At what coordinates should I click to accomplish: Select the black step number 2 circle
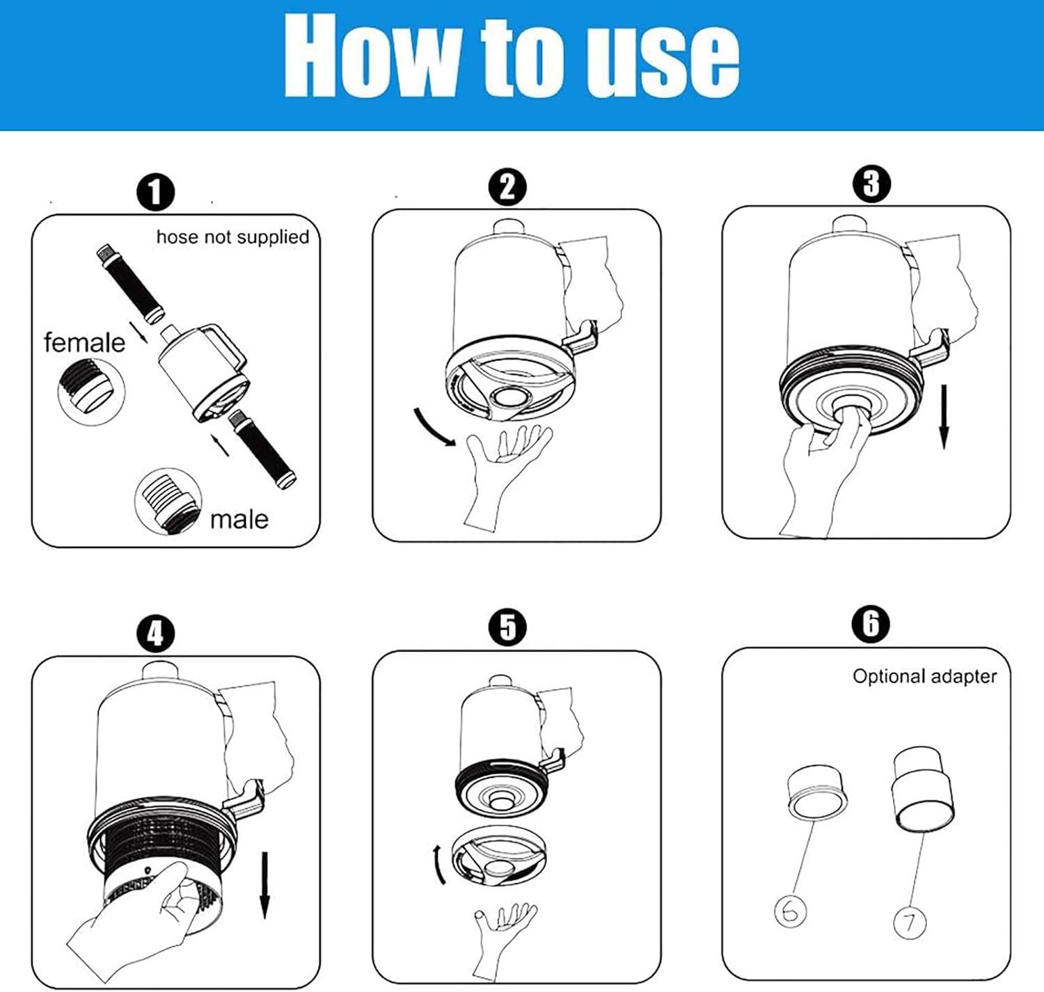pyautogui.click(x=507, y=187)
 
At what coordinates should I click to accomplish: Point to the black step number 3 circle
pyautogui.click(x=871, y=184)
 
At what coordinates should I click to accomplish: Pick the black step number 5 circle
pyautogui.click(x=507, y=627)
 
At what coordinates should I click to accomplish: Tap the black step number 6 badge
pyautogui.click(x=871, y=623)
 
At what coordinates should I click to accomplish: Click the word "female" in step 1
pyautogui.click(x=84, y=342)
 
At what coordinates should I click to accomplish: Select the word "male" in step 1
pyautogui.click(x=239, y=520)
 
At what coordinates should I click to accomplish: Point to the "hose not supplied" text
pyautogui.click(x=232, y=237)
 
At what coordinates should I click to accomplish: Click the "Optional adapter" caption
pyautogui.click(x=924, y=676)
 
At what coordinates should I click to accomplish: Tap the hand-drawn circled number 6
pyautogui.click(x=791, y=911)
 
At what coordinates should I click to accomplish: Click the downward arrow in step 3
pyautogui.click(x=944, y=417)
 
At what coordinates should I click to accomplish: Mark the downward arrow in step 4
pyautogui.click(x=264, y=886)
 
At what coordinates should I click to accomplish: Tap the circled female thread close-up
pyautogui.click(x=91, y=391)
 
